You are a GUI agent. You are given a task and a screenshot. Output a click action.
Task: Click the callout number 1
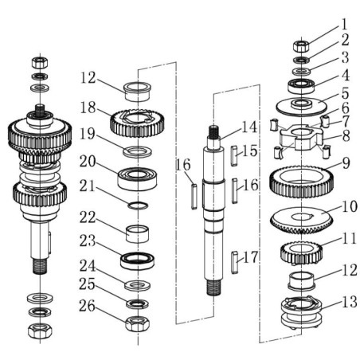[x=344, y=24]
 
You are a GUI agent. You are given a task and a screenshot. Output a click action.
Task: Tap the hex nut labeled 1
[x=302, y=45]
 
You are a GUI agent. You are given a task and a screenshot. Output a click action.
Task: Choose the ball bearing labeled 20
[x=136, y=177]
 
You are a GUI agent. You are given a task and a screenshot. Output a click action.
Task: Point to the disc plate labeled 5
[x=302, y=105]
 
